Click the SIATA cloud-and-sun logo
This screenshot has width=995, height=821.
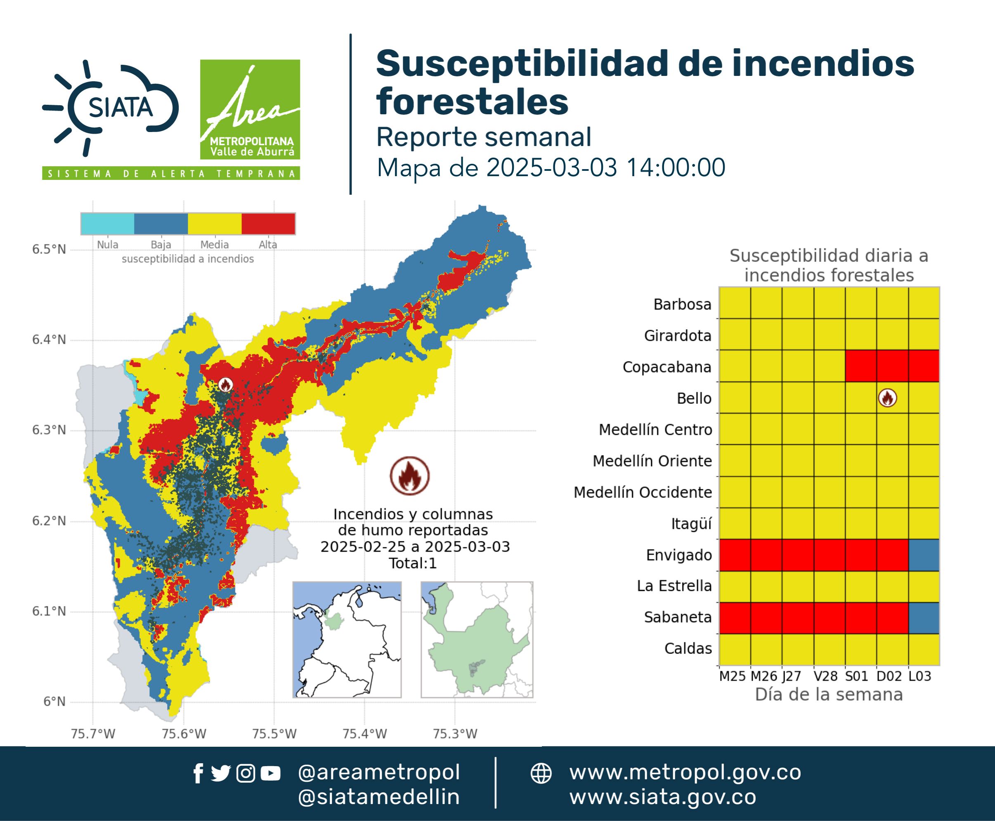(111, 108)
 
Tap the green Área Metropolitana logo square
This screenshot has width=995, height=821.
(250, 109)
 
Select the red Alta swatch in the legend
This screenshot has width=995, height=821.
(268, 224)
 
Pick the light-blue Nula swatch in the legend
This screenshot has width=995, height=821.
(107, 224)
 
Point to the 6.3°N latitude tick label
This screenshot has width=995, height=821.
(49, 430)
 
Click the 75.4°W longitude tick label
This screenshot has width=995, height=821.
(364, 734)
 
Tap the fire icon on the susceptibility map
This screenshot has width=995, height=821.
(225, 385)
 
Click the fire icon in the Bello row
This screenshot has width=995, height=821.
(888, 398)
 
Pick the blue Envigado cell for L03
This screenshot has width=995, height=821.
(924, 555)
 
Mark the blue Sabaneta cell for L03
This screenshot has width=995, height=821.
(924, 618)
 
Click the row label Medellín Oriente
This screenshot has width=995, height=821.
(652, 461)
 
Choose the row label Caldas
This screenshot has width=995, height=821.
(688, 649)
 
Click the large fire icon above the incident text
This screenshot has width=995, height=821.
(410, 476)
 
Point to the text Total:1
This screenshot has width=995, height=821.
(413, 563)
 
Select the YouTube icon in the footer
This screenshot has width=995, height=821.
(270, 773)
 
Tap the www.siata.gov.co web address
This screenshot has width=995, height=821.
(663, 797)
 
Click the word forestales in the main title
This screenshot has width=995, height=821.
(472, 101)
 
